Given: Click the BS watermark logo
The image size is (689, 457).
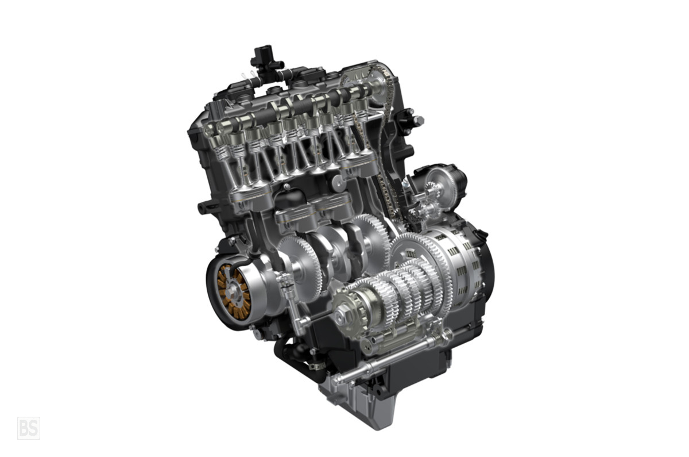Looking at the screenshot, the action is point(29,428).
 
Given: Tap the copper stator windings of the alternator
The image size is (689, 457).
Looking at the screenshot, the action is point(233,291).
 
